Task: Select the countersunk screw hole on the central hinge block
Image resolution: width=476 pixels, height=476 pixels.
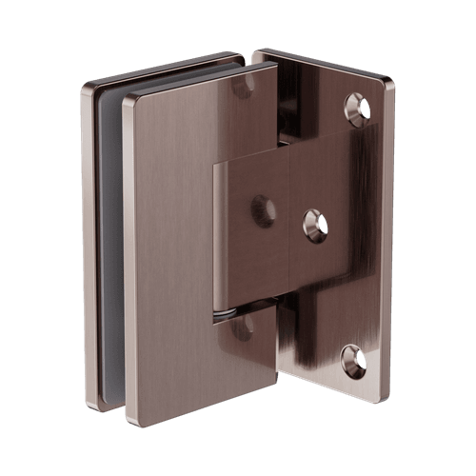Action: point(315,225)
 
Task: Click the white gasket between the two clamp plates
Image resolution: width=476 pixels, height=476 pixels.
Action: point(111,238)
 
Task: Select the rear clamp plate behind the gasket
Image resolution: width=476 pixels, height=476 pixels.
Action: point(89,238)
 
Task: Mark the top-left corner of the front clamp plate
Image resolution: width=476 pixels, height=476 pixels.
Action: point(127,96)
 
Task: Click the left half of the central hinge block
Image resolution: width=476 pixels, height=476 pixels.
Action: point(252,248)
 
